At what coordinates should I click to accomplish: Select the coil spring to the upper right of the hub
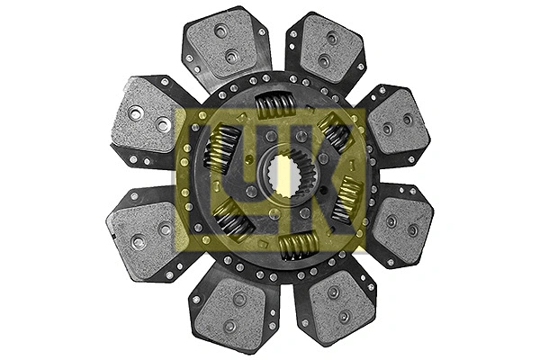334,133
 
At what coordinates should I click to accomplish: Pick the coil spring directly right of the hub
346,199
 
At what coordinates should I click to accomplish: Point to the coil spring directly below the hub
297,244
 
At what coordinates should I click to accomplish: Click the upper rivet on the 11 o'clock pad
220,31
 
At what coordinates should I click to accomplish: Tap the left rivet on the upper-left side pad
136,113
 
